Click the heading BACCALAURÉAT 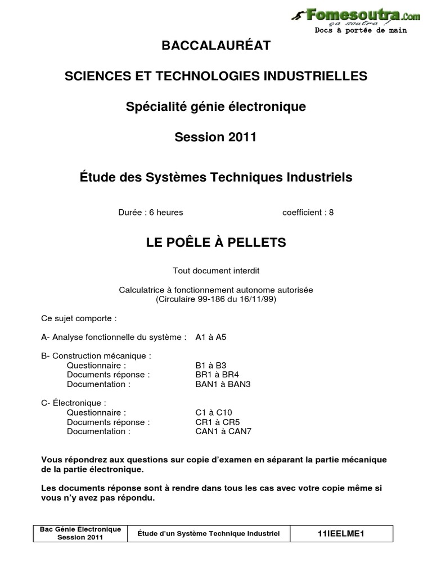point(216,46)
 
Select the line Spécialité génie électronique point(216,106)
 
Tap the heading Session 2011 point(216,137)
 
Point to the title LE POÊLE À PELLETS point(216,242)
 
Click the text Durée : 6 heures point(151,213)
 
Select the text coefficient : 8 point(308,213)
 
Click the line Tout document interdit point(216,271)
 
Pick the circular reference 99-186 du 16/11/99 point(216,299)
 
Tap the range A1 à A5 point(211,337)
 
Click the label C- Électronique point(74,403)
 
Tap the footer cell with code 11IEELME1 point(341,533)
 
